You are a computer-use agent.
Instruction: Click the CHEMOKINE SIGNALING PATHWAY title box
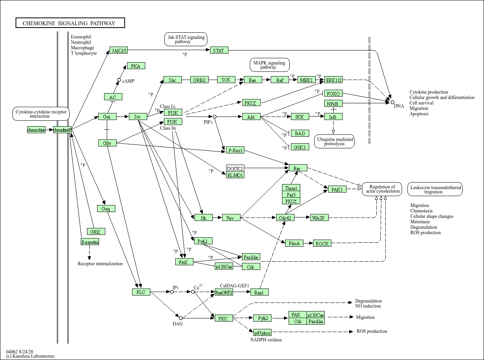coord(70,23)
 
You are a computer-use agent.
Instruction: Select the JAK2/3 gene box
coord(119,50)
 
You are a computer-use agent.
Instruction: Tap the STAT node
coord(219,50)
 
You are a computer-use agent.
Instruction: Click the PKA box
coord(136,66)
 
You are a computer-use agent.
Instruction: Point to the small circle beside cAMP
coord(119,80)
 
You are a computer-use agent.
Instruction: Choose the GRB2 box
coord(199,80)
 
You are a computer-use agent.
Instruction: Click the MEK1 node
coord(306,80)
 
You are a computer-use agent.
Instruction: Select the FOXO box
coord(333,94)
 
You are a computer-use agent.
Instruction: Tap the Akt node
coord(251,117)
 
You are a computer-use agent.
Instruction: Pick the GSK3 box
coord(300,147)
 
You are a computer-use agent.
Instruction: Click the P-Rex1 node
coord(235,150)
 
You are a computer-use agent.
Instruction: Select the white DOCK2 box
coord(235,169)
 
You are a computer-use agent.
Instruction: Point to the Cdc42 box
coord(285,218)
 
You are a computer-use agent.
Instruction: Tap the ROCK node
coord(322,243)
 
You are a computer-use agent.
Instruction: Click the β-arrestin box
coord(90,242)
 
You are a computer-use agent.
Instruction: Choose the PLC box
coord(141,292)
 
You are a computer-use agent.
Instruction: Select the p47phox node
coord(263,333)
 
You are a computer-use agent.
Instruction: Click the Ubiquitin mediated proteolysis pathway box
coord(334,141)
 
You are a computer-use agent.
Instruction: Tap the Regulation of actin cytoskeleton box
coord(382,189)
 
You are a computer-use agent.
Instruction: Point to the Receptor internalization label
coord(100,264)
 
